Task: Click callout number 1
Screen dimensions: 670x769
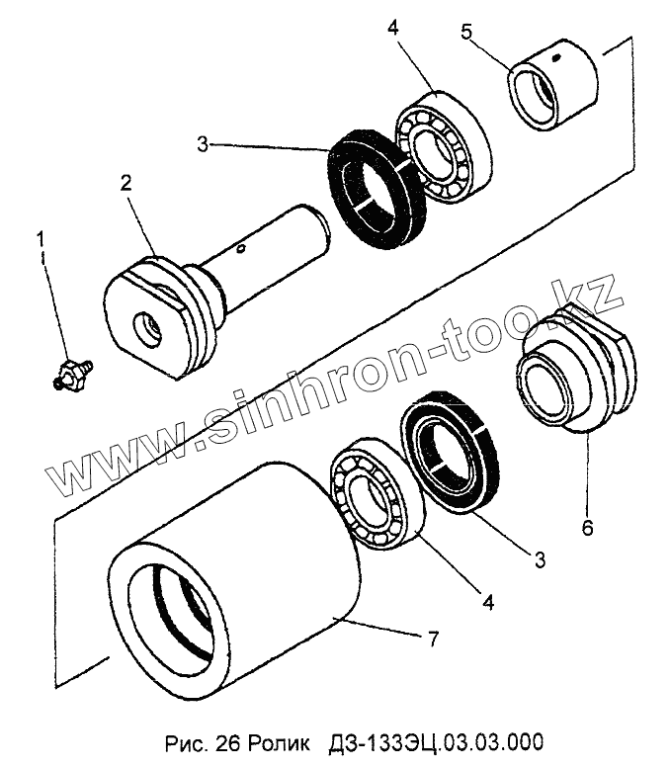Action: click(41, 238)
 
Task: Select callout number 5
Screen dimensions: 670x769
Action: click(465, 31)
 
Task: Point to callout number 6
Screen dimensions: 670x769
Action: click(587, 528)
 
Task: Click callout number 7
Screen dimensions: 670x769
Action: click(431, 640)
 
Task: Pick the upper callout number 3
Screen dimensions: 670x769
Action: click(202, 144)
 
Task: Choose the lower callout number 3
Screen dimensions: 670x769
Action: click(540, 560)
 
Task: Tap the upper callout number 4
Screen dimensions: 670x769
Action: click(392, 27)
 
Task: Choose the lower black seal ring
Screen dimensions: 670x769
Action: click(449, 451)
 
